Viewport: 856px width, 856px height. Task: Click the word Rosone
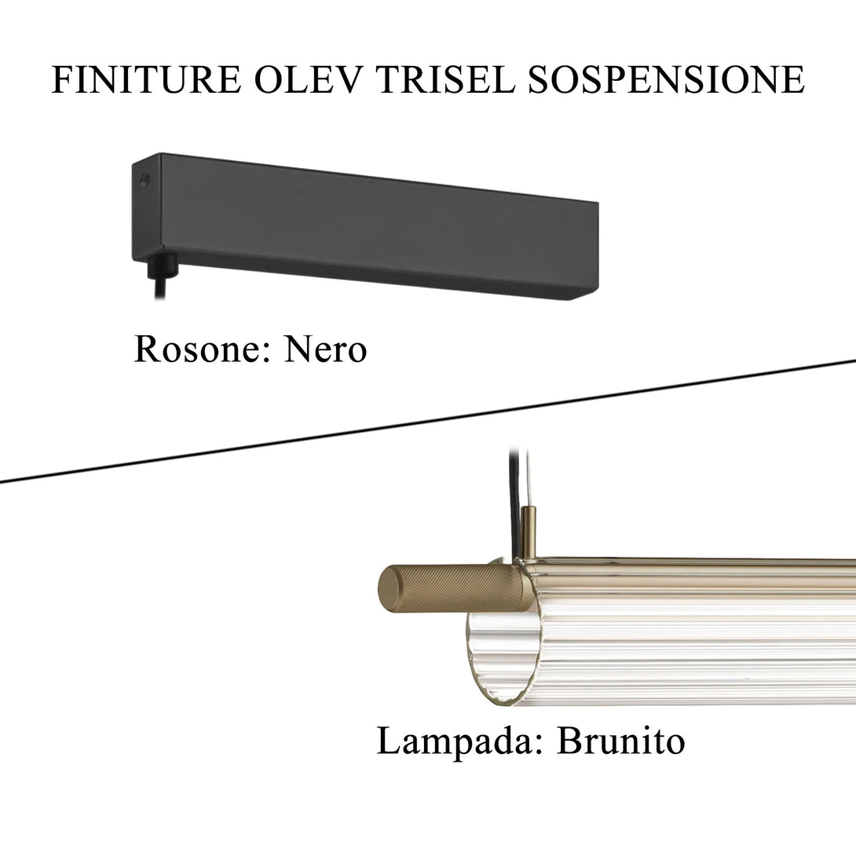tap(202, 349)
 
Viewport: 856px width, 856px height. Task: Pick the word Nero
tap(325, 349)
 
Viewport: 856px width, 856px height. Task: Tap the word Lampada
tap(459, 741)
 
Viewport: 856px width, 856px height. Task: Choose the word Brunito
tap(620, 741)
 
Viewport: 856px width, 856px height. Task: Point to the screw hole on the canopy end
tap(144, 179)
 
